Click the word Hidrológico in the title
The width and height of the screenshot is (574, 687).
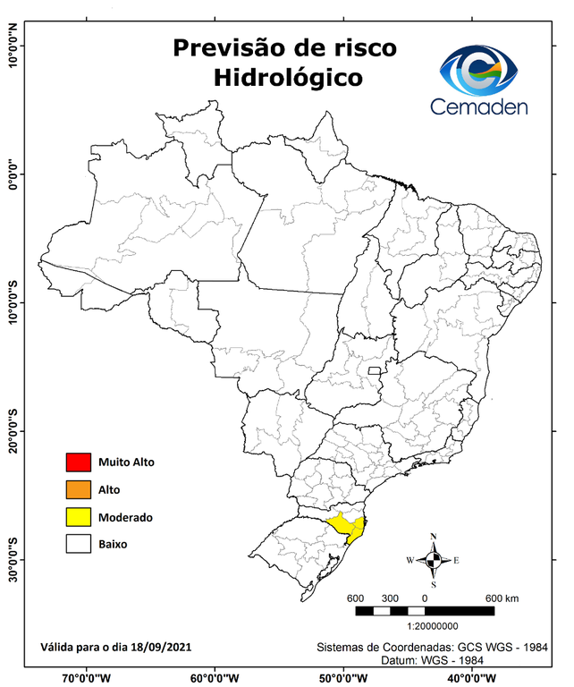(x=288, y=78)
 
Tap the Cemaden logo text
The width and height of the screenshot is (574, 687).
(x=479, y=106)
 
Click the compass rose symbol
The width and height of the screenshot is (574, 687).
(x=433, y=560)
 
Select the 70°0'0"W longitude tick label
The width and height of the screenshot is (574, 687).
(x=87, y=676)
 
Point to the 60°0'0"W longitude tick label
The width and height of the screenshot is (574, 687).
(x=215, y=676)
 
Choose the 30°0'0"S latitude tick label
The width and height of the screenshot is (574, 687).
(x=13, y=559)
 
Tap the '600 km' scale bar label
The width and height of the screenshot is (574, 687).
(x=502, y=598)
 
